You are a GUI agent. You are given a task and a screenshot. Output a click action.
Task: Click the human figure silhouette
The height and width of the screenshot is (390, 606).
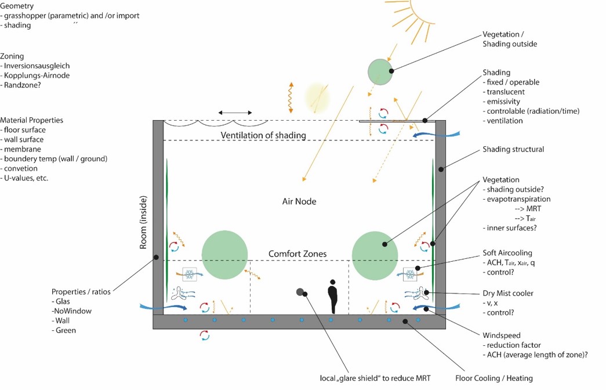[332, 296]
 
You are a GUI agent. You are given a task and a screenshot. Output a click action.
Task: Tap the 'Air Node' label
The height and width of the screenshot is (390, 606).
[299, 201]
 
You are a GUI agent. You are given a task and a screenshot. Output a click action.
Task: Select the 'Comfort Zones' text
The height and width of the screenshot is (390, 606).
[297, 254]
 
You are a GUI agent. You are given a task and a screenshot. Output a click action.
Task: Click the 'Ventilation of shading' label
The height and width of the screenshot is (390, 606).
[263, 135]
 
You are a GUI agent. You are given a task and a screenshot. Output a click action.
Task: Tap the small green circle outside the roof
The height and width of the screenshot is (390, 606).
[380, 71]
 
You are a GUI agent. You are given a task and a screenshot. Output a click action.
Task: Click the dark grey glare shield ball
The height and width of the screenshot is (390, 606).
[300, 292]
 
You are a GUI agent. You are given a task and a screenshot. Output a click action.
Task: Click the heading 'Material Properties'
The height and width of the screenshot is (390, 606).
[32, 120]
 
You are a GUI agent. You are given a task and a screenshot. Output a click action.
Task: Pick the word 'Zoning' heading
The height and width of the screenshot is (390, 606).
[12, 56]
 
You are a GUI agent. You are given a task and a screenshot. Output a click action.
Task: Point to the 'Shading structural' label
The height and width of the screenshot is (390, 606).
[513, 149]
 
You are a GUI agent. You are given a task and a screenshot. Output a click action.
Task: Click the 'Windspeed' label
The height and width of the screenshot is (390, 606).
[502, 335]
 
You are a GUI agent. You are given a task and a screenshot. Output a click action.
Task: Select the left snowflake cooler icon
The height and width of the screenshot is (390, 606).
[189, 274]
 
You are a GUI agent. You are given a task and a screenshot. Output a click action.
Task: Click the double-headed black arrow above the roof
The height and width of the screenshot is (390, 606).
[235, 113]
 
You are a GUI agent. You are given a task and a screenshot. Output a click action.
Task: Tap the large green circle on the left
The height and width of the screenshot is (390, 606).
[225, 254]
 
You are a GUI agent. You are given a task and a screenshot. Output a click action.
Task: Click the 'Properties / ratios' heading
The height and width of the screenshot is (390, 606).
[81, 291]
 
